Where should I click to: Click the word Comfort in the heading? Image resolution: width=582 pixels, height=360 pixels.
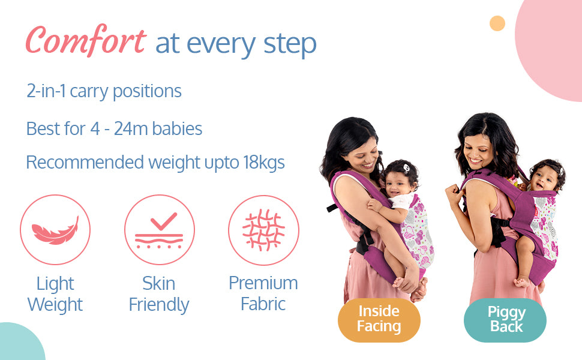coord(86,40)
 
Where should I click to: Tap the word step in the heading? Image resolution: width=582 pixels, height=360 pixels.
coord(290,44)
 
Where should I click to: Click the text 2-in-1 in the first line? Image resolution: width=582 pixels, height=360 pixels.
coord(46,91)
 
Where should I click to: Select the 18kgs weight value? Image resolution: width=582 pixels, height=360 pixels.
coord(264,163)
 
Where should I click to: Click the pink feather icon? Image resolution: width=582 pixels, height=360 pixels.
coord(55,231)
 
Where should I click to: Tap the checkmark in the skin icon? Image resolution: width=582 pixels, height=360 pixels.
coord(164,221)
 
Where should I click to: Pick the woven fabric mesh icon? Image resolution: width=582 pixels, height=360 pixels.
coord(263,230)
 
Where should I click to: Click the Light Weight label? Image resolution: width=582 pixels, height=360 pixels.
coord(55,295)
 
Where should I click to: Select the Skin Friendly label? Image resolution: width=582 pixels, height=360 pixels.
coord(159,295)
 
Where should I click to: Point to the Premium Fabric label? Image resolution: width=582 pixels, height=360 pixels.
coord(263,293)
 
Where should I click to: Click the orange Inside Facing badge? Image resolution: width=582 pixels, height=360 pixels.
coord(379,320)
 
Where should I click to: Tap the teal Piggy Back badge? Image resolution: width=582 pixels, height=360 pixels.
coord(505,320)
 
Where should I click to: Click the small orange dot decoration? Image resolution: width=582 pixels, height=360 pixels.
coord(497,23)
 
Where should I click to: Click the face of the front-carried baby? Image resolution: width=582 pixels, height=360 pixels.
coord(397,184)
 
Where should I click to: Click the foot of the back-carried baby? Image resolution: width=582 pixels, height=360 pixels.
coord(522,282)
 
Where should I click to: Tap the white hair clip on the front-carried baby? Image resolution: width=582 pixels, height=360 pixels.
coord(406,168)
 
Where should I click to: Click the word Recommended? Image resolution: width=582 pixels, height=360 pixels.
coord(85,162)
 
